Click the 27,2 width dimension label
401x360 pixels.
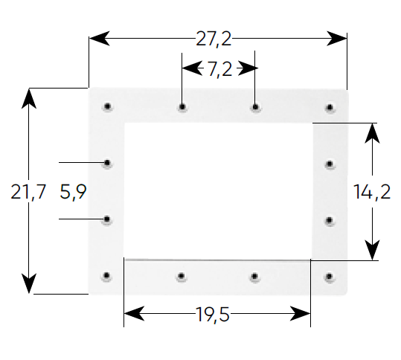214,39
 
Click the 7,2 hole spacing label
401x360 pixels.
219,69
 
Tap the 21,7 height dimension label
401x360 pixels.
28,192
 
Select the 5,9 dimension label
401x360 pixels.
73,192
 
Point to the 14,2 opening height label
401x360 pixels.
372,192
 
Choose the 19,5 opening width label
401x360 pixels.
213,314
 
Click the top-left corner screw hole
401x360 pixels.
107,106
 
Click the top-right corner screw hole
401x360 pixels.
330,107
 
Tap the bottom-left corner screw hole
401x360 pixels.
106,276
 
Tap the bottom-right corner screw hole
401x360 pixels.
329,277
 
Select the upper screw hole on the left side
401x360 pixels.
107,163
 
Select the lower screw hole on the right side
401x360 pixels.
330,220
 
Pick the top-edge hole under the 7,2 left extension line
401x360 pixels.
182,106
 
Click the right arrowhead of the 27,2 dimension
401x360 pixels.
337,39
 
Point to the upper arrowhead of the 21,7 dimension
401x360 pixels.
28,98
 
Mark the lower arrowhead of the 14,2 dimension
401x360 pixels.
372,250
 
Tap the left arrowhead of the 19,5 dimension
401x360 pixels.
134,313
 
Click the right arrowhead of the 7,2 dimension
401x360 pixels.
248,68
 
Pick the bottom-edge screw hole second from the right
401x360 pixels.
254,277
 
